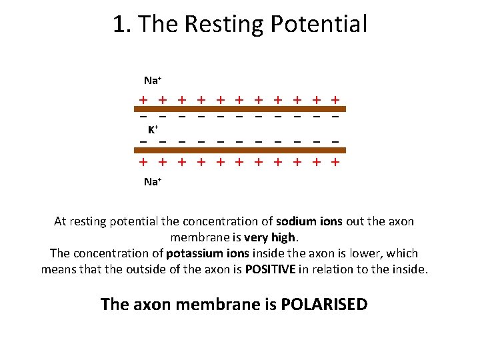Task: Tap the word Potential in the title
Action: (x=319, y=25)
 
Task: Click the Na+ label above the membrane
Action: (x=153, y=81)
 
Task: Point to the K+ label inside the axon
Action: (x=153, y=129)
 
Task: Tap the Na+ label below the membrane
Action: (x=153, y=181)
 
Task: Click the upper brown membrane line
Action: (x=240, y=108)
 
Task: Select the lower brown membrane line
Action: (x=240, y=151)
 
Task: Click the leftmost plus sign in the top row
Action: (x=143, y=100)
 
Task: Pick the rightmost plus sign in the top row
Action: (x=336, y=100)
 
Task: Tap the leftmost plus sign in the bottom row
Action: (x=143, y=162)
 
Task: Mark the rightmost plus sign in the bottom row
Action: (x=336, y=162)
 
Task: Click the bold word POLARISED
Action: (x=325, y=305)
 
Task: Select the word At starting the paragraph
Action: (x=61, y=221)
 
